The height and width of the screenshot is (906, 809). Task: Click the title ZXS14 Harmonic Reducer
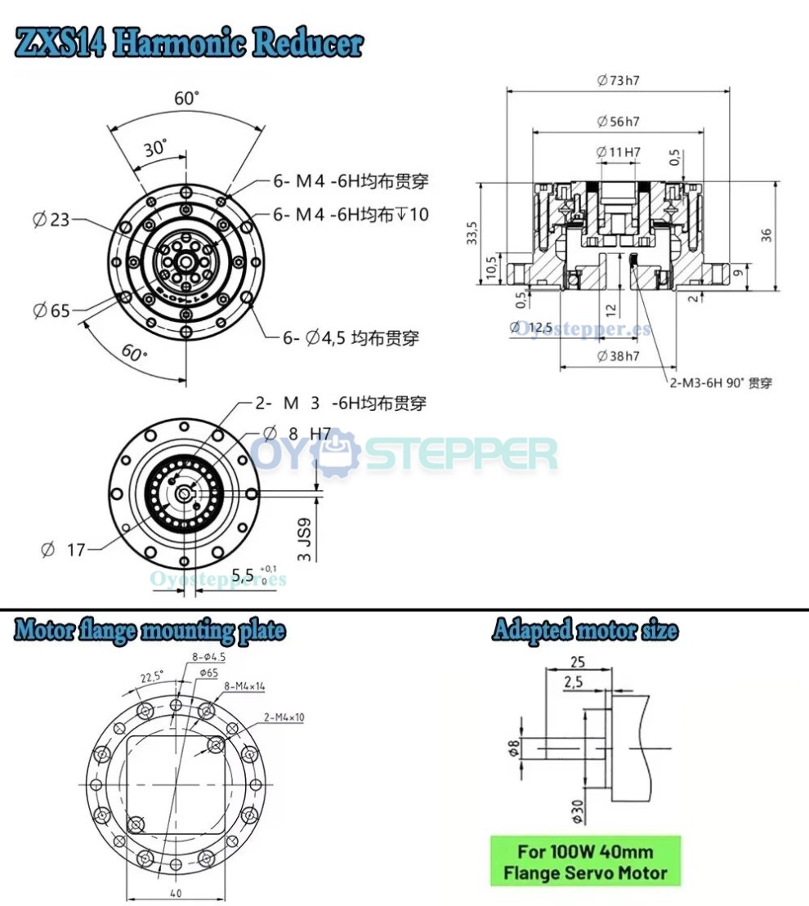pos(189,43)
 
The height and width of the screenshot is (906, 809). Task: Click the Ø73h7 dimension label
pos(618,80)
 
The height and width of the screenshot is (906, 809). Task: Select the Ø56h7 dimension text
pos(618,121)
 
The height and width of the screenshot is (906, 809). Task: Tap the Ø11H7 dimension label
pos(618,152)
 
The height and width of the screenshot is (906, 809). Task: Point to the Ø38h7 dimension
pos(618,356)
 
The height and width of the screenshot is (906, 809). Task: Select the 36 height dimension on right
pos(766,234)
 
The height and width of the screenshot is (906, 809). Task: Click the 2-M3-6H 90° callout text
pos(720,382)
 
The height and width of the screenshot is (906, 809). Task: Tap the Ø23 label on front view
pos(51,219)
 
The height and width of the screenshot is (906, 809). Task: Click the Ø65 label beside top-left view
pos(51,310)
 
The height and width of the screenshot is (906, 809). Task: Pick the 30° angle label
pos(154,149)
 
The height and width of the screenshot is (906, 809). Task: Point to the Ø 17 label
pos(64,550)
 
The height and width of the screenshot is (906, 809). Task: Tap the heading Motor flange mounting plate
pos(150,631)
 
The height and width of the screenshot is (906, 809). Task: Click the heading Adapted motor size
pos(584,631)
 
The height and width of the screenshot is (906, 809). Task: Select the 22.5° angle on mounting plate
pos(152,677)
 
